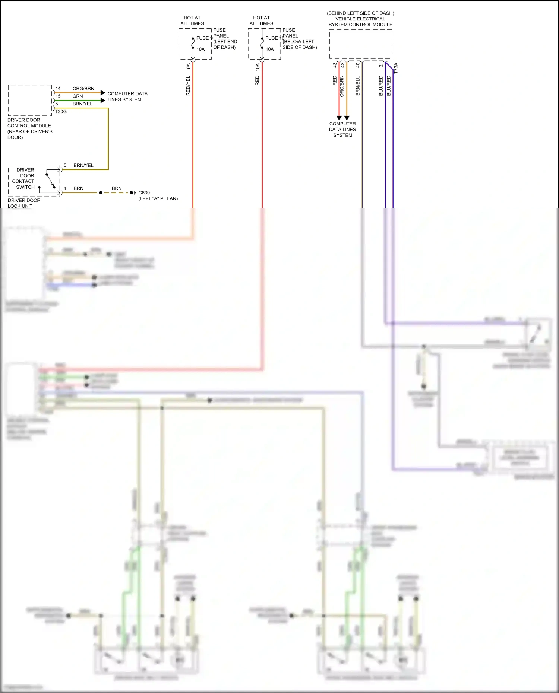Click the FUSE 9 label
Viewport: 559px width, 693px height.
pyautogui.click(x=204, y=38)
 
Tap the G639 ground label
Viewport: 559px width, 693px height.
pyautogui.click(x=144, y=193)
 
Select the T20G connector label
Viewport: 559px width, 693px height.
pyautogui.click(x=61, y=112)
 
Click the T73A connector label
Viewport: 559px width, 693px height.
pyautogui.click(x=396, y=68)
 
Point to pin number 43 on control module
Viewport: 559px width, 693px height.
pyautogui.click(x=335, y=65)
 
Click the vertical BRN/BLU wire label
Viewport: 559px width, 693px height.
pyautogui.click(x=358, y=86)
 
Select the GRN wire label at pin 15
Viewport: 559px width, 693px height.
pyautogui.click(x=78, y=96)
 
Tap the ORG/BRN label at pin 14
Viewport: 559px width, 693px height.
pyautogui.click(x=83, y=89)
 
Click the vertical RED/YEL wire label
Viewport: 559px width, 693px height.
pyautogui.click(x=188, y=86)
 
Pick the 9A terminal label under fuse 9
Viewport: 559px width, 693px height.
pyautogui.click(x=188, y=66)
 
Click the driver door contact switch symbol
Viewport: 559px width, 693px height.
pyautogui.click(x=50, y=181)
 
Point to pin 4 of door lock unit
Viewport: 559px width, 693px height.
pyautogui.click(x=65, y=188)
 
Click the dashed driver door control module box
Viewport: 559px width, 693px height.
pyautogui.click(x=30, y=100)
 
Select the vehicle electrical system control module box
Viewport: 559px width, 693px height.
pyautogui.click(x=360, y=44)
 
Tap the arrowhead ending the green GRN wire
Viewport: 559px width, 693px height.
pyautogui.click(x=103, y=101)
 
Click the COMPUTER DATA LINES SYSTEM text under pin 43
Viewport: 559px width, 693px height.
pyautogui.click(x=342, y=129)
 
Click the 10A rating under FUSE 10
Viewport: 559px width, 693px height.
pyautogui.click(x=269, y=49)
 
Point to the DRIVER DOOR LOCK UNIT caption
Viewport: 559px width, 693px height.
pyautogui.click(x=24, y=203)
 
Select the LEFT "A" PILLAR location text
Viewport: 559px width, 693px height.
pyautogui.click(x=158, y=198)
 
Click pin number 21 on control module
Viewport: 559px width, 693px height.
pyautogui.click(x=380, y=65)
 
